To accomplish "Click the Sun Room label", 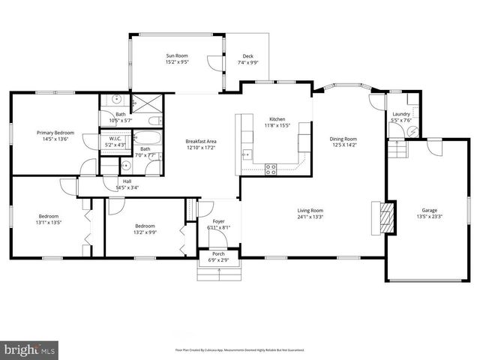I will [176, 56].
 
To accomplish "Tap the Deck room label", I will [247, 56].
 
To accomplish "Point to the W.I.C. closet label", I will [115, 139].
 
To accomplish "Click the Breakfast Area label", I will [201, 141].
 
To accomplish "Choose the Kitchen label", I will [277, 119].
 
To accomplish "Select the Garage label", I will [429, 211].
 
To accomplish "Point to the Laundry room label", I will [401, 114].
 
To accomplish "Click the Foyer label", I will [218, 221].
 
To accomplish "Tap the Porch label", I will [218, 254].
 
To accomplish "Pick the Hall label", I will [127, 181].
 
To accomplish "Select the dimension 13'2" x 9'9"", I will [145, 232].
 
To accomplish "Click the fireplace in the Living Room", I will [384, 218].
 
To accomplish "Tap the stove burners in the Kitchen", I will [271, 169].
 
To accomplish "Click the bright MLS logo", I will [30, 349].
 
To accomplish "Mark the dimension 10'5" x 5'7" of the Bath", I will [121, 121].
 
